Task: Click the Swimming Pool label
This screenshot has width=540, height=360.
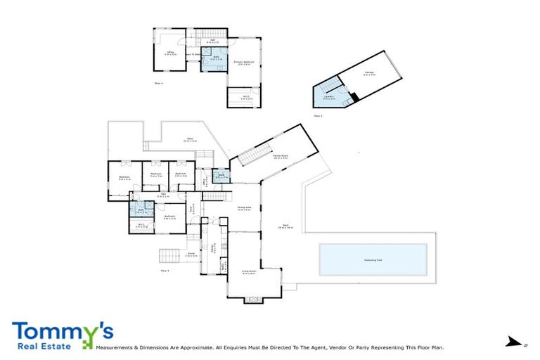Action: pos(373,259)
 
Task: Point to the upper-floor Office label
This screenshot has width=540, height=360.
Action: pos(170,52)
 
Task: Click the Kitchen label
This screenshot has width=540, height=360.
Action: pos(213,247)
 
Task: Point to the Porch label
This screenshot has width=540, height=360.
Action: pos(191,255)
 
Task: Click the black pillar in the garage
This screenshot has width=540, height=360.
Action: pos(355,96)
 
